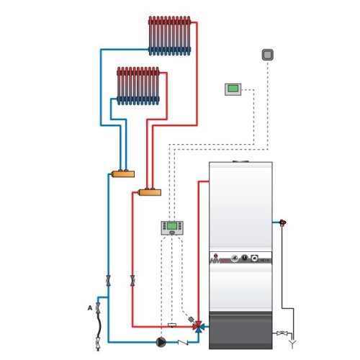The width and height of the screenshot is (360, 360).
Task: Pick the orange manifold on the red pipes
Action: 149,192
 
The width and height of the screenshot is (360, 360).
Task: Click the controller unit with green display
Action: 172,228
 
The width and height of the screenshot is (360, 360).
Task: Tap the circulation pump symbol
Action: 161,343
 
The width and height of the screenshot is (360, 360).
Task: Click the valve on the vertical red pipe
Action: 133,280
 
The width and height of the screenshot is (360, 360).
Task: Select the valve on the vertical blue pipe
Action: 108,280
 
